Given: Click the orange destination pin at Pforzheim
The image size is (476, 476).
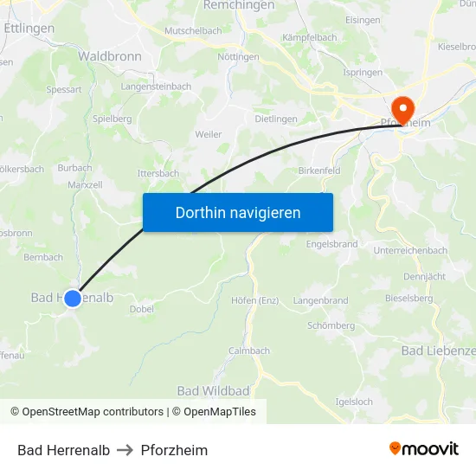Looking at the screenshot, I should point(402,109).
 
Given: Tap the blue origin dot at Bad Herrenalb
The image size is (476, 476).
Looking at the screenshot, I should point(73,298).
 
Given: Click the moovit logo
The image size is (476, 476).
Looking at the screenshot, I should point(423,449).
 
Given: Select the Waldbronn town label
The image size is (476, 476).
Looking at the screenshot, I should point(110,55).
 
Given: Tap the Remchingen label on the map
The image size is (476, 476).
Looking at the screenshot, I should point(239,5).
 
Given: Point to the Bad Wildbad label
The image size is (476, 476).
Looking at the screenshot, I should point(213,391).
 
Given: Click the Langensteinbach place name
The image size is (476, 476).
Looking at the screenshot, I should point(157,87).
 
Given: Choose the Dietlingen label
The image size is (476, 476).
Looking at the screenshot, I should point(276,119).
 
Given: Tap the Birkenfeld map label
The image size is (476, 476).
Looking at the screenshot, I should point(319,170).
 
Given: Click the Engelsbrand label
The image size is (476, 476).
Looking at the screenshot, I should point(331,244).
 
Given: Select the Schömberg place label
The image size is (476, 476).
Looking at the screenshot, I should point(331,325).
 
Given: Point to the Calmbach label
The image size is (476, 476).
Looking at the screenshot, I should point(249,351).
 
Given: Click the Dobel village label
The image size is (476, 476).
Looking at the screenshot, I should point(141,309).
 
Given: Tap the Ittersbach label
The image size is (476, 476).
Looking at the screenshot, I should point(158,173).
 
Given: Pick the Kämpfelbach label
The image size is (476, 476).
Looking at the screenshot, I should point(310,38).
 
